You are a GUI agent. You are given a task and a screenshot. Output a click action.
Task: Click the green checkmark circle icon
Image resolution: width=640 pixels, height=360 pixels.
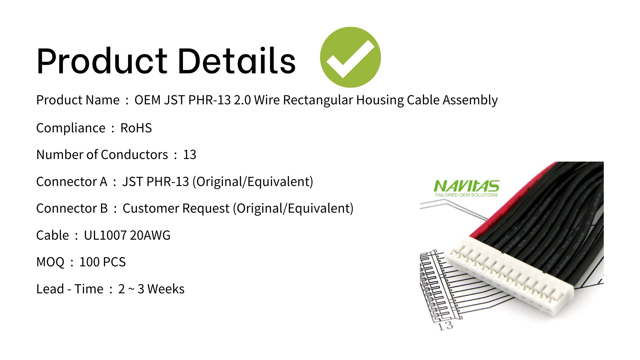click(350, 57)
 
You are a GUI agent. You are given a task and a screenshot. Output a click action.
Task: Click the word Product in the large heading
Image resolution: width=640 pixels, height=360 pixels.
click(102, 61)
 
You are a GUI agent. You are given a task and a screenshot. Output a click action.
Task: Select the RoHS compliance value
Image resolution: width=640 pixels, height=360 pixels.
click(136, 128)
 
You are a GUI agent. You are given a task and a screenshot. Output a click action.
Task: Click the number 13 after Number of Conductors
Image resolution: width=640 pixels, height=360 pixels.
click(190, 155)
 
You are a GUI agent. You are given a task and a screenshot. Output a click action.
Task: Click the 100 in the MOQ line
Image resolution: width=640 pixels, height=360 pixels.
click(89, 262)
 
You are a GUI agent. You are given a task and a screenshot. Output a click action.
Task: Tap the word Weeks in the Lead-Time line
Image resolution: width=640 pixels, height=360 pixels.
click(166, 289)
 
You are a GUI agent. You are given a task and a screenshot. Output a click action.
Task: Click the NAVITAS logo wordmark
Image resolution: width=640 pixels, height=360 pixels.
click(466, 186)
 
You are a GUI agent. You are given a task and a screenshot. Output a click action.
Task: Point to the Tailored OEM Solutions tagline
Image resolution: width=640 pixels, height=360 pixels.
click(466, 195)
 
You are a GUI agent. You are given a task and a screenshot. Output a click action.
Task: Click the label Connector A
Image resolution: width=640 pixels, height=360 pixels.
click(72, 182)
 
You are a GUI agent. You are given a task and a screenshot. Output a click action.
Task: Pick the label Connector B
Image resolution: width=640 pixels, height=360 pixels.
click(72, 208)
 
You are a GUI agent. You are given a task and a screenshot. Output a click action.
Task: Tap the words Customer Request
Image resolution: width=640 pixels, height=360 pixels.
click(176, 209)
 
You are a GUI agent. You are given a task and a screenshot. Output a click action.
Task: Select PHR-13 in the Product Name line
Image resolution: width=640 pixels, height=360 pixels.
click(209, 100)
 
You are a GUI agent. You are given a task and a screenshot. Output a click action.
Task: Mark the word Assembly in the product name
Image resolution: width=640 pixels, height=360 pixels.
click(470, 100)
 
